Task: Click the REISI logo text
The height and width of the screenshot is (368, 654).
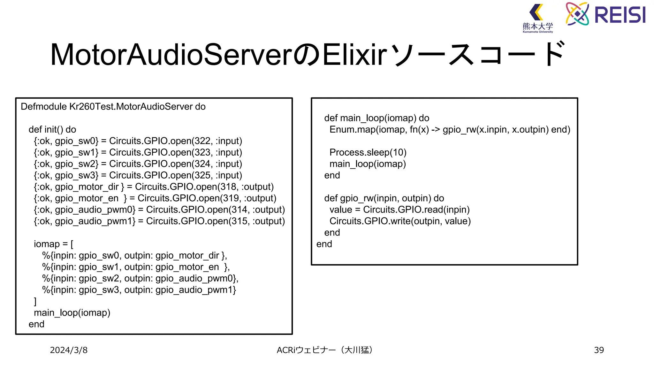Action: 620,15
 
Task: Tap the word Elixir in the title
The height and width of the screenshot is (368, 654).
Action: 354,55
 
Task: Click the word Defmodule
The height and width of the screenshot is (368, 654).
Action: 44,107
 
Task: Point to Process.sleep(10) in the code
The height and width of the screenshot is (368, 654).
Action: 368,152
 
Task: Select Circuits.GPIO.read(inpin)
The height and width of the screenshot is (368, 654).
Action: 416,210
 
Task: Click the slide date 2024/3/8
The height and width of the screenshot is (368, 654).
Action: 69,350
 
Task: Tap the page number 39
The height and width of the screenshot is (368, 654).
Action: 599,350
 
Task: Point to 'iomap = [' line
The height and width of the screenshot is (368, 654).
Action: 54,244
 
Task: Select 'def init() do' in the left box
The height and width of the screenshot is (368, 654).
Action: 52,130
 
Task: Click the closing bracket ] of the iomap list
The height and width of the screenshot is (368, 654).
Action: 35,301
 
